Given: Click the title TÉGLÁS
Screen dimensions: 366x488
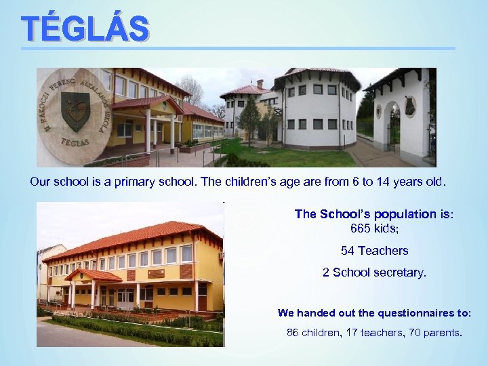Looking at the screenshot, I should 85,28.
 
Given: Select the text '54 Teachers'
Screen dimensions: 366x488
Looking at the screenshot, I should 374,251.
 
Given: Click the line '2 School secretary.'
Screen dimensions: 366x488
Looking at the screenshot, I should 374,273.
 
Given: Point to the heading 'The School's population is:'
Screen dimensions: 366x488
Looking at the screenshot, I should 374,214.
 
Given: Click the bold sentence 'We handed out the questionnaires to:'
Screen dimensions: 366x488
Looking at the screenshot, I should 374,313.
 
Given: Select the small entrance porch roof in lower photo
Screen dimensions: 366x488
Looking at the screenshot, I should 93,275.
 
